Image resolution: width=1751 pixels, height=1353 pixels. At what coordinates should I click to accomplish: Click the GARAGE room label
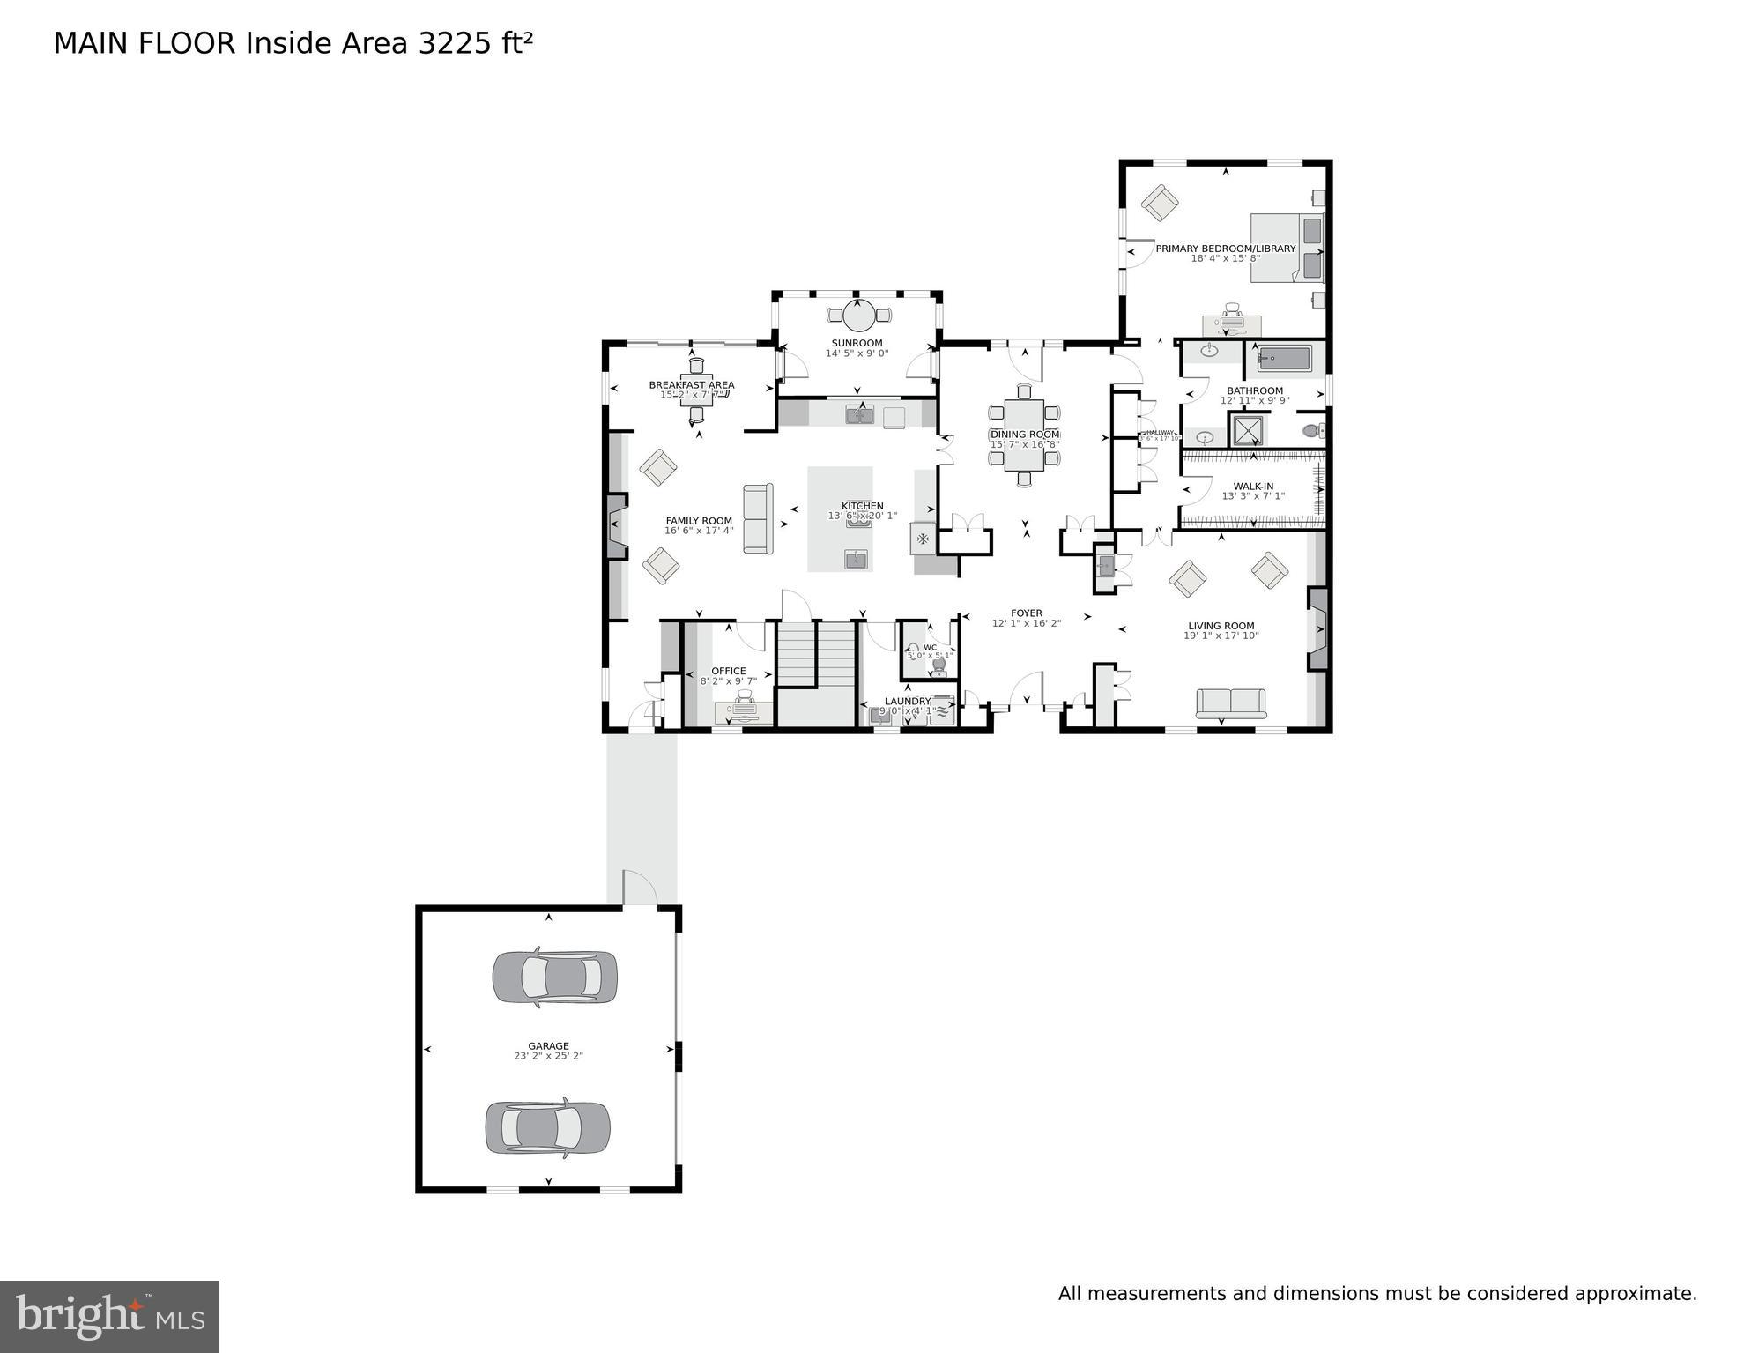click(x=548, y=1045)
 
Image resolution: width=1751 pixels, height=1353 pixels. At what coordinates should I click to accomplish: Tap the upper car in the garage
click(x=554, y=977)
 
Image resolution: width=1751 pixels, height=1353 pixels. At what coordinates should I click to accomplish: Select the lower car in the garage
click(x=547, y=1127)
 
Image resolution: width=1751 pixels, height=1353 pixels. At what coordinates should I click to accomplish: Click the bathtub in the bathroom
click(x=1285, y=359)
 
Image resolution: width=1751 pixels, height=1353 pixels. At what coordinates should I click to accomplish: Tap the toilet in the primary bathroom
click(x=1313, y=431)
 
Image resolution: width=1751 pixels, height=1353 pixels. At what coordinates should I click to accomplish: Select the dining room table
click(x=1024, y=435)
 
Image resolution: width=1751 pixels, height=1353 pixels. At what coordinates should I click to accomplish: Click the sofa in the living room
click(x=1230, y=703)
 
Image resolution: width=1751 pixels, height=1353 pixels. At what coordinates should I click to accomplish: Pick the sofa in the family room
click(x=758, y=518)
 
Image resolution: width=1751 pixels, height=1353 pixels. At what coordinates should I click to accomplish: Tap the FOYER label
click(x=1026, y=613)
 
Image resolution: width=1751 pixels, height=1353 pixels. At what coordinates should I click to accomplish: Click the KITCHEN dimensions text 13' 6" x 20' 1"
click(x=862, y=516)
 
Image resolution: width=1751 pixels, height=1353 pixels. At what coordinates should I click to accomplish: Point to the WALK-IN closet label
click(x=1252, y=486)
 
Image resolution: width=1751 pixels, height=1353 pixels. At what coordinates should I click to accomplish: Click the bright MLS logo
click(x=109, y=1316)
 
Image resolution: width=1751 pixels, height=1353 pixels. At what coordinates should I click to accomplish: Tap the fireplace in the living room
click(x=1317, y=629)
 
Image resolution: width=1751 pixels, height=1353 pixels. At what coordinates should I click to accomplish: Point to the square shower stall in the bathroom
click(x=1247, y=430)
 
